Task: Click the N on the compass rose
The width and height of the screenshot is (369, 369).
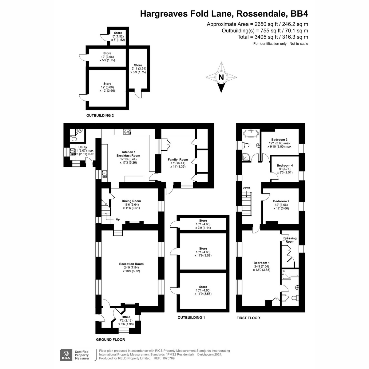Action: [221, 77]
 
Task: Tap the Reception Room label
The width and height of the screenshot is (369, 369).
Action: [131, 264]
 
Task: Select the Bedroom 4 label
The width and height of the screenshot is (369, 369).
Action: [284, 165]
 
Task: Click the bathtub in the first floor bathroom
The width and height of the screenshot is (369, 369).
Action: [251, 133]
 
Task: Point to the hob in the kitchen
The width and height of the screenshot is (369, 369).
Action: [127, 132]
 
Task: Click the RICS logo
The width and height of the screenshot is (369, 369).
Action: [66, 355]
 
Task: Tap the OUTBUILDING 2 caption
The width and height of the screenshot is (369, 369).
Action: [100, 116]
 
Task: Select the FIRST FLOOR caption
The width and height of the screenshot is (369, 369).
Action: [248, 318]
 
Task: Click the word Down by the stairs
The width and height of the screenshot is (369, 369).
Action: [246, 188]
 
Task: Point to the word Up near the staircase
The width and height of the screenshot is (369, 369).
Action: [118, 220]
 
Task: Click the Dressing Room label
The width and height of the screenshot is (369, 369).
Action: [290, 240]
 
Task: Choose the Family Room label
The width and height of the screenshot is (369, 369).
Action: [178, 160]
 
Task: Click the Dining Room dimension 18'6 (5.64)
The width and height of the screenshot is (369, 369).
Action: [131, 204]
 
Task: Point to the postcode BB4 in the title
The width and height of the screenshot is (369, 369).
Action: [299, 14]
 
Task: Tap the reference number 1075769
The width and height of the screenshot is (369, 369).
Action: [168, 358]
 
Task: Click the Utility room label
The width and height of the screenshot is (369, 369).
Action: [83, 147]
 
